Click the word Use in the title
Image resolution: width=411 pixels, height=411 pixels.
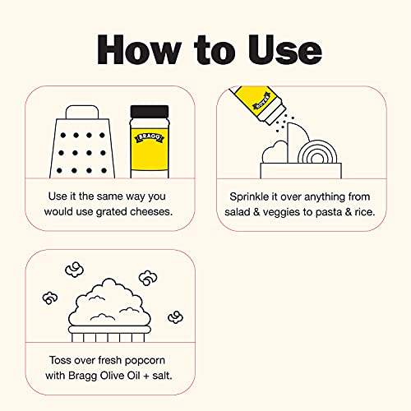coord(285,50)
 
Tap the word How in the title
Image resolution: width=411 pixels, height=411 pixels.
coord(139,50)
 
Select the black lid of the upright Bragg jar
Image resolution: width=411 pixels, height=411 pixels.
coord(150,112)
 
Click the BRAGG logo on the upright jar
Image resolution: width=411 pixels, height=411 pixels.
coord(149,137)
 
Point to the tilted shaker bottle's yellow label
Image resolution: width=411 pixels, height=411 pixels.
coord(253,99)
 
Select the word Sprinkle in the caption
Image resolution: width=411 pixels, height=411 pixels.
coord(249,197)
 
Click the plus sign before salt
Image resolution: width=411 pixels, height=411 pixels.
coord(146,376)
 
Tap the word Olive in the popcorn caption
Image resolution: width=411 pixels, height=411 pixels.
coord(109,376)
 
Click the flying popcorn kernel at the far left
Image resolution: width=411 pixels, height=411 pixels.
coord(50,298)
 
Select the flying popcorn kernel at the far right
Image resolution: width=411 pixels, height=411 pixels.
coord(175,317)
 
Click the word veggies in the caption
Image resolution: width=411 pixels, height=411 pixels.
coord(281,213)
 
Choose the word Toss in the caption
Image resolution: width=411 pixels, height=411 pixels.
coord(59,360)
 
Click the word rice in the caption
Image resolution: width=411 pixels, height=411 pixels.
coord(365,212)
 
